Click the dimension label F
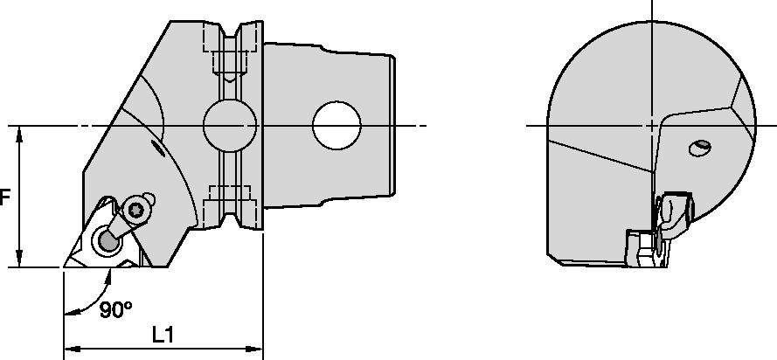pos(4,197)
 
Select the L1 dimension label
pos(162,334)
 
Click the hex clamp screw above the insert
pos(135,208)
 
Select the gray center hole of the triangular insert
pos(107,238)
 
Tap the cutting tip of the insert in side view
pos(65,266)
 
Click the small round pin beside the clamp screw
pos(149,195)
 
